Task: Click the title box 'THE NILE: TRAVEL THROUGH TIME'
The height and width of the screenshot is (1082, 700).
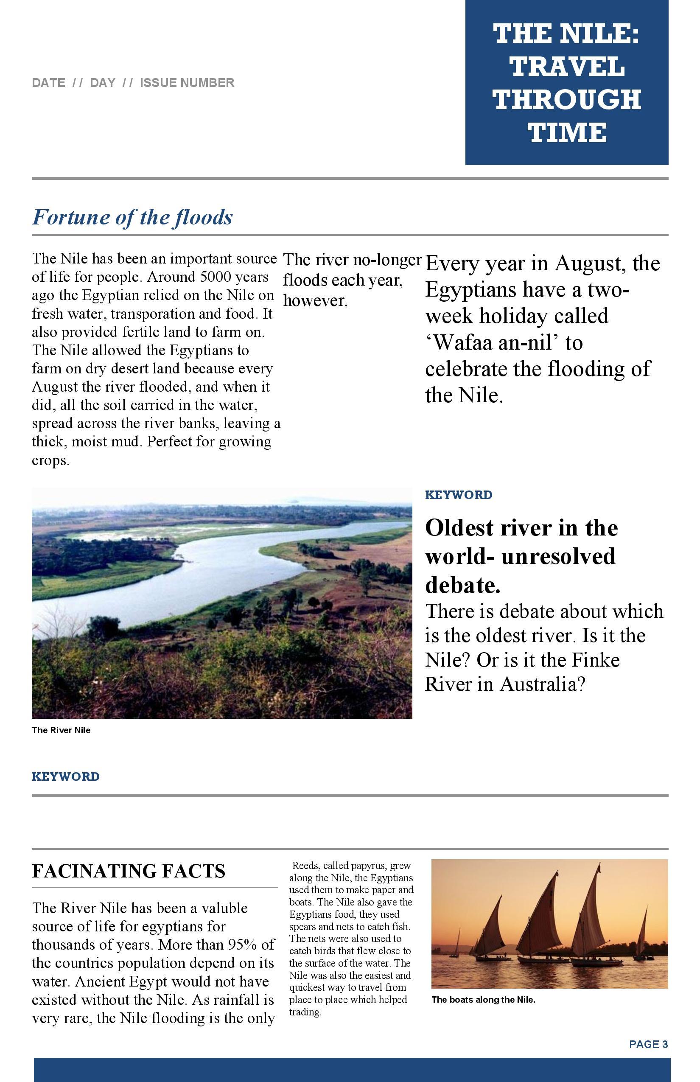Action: tap(566, 82)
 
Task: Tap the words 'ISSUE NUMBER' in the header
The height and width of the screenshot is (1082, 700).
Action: tap(187, 83)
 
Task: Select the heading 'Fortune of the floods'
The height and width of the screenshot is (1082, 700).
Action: tap(132, 217)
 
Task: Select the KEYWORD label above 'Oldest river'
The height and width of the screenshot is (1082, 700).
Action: tap(458, 495)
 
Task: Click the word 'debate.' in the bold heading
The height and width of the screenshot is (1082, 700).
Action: tap(463, 585)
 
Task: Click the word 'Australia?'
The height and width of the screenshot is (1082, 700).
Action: tap(542, 684)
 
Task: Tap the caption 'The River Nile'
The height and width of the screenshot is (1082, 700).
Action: tap(61, 730)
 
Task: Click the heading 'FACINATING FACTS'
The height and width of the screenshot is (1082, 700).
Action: tap(129, 871)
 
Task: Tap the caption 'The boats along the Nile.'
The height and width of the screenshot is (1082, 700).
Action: tap(483, 1000)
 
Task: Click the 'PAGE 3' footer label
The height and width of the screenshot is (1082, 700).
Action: tap(648, 1044)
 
